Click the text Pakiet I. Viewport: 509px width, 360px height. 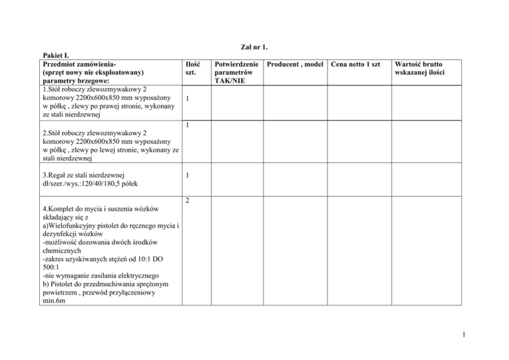click(x=56, y=55)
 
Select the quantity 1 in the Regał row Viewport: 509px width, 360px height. click(x=188, y=175)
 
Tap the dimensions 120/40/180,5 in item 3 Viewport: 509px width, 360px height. click(x=111, y=184)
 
